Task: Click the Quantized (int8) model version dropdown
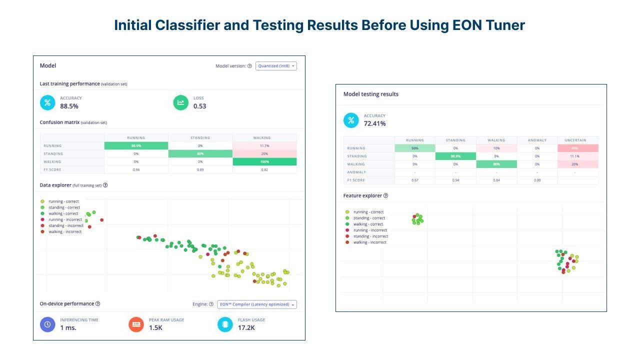point(276,66)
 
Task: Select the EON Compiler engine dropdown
point(256,304)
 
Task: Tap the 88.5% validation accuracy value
point(69,106)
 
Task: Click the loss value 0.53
point(199,106)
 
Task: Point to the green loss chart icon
point(180,102)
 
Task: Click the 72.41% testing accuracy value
point(374,123)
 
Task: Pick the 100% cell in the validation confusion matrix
point(264,162)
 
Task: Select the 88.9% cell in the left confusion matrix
point(136,146)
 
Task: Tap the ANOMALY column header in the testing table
point(537,140)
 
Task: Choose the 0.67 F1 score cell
point(414,180)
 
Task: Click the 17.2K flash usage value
point(246,328)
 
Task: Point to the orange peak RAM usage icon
point(136,324)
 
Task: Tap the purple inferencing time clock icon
point(47,324)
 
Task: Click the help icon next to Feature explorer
point(385,195)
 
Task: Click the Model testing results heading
point(370,94)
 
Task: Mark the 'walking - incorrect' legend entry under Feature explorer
point(369,242)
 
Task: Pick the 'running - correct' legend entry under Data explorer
point(64,201)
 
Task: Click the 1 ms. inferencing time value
point(68,328)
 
